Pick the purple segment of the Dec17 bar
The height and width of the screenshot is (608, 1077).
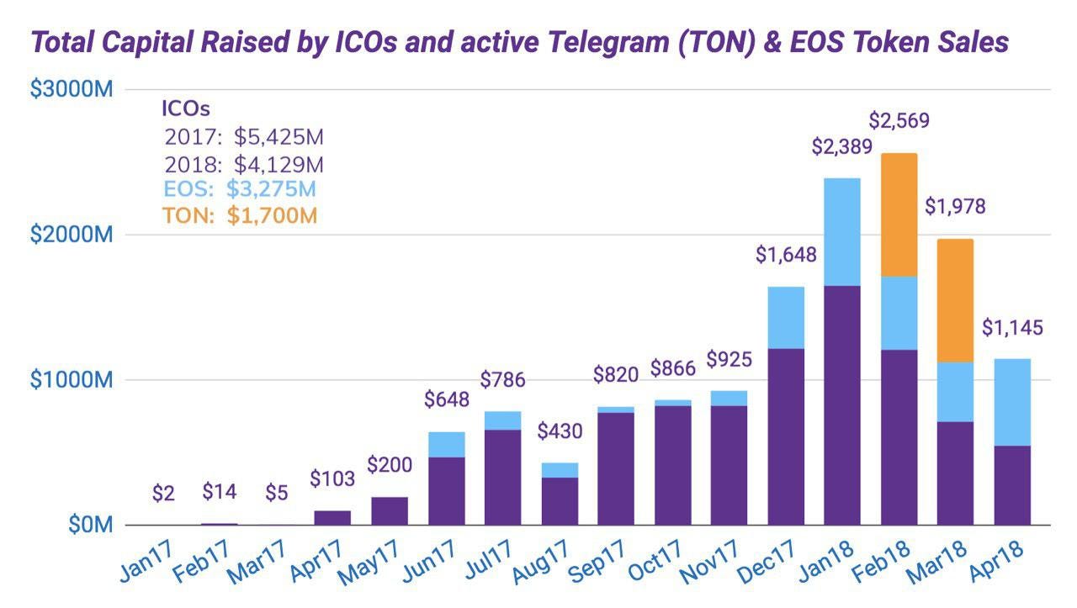(x=785, y=436)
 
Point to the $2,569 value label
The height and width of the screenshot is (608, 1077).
(x=899, y=120)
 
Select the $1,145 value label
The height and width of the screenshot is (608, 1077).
(x=1012, y=327)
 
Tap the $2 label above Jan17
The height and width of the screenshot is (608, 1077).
(x=163, y=494)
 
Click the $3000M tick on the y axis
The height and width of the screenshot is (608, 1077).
(x=72, y=89)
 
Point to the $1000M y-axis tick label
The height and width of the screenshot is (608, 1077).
(x=72, y=380)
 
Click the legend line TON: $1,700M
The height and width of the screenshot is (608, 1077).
(x=240, y=215)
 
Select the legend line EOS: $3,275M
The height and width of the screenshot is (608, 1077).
(x=240, y=189)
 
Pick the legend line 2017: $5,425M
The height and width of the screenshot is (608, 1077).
(x=244, y=137)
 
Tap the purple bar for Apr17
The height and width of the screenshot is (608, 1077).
(x=333, y=518)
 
